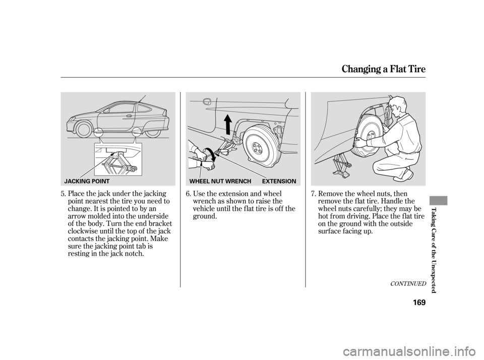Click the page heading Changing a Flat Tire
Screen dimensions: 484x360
click(384, 70)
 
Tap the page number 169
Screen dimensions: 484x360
click(418, 302)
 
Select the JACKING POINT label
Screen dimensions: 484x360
click(87, 181)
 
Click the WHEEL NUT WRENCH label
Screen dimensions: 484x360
click(220, 181)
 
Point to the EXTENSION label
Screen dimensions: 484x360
click(279, 181)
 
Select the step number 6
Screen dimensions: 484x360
click(188, 194)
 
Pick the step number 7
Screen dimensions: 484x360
click(313, 194)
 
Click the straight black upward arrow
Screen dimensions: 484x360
click(228, 125)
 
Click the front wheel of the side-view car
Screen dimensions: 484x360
click(84, 130)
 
